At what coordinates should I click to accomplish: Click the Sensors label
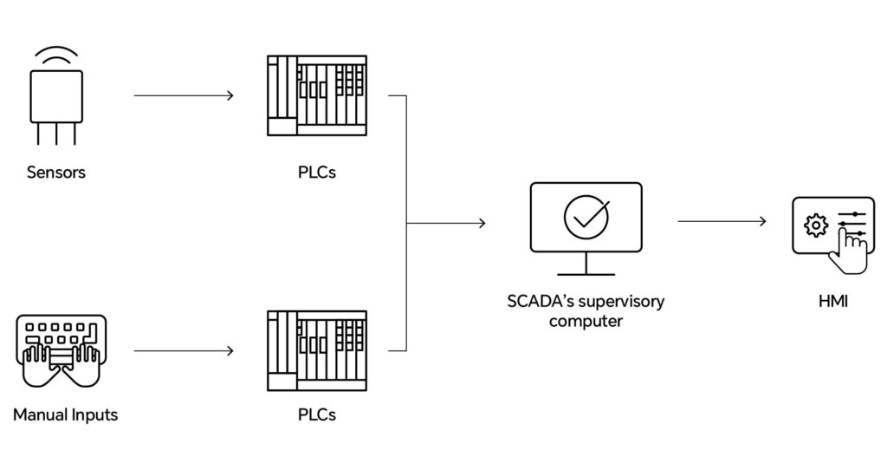tap(56, 172)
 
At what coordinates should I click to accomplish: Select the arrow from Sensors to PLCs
tap(184, 95)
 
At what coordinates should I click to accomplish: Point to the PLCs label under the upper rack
tap(316, 172)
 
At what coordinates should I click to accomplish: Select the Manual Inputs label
tap(65, 415)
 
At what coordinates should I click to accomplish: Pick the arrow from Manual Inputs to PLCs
tap(184, 351)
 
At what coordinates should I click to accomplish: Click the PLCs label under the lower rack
tap(316, 415)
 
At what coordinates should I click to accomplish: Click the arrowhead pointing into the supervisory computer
tap(481, 223)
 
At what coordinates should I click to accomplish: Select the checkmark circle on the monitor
tap(586, 217)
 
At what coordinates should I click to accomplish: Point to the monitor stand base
tap(586, 275)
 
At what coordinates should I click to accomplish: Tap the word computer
tap(586, 321)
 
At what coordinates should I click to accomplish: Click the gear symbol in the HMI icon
tap(815, 225)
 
